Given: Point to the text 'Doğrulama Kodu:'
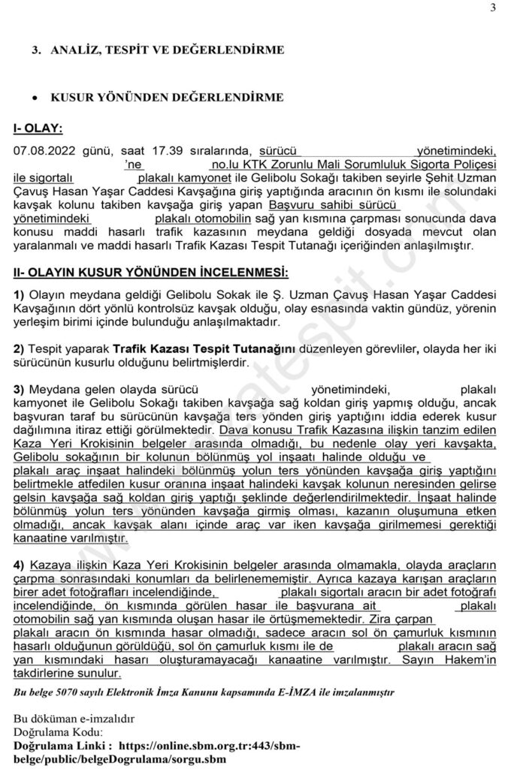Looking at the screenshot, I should pyautogui.click(x=59, y=731).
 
